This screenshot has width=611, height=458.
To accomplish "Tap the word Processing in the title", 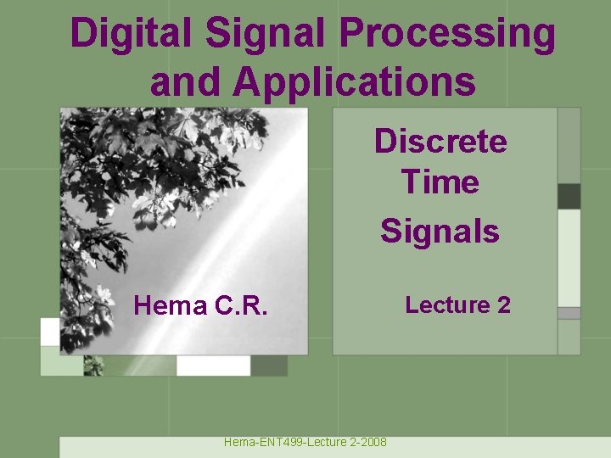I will click(448, 35).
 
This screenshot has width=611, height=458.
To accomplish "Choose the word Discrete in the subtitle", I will click(440, 142).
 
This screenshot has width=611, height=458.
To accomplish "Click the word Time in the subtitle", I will click(440, 182).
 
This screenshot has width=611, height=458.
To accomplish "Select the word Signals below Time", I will click(440, 230).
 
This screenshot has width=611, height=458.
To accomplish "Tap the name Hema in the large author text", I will click(170, 305).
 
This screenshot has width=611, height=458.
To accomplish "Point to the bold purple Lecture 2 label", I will click(457, 304).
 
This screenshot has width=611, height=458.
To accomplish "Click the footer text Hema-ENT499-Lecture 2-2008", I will click(305, 442).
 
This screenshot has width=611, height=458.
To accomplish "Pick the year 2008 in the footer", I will click(373, 442).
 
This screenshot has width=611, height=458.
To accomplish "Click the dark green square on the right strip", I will click(569, 196).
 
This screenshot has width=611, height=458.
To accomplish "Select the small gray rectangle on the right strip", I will click(569, 313).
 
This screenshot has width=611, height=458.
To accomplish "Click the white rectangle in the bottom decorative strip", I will click(213, 366).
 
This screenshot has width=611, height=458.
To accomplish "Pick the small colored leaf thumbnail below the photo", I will click(93, 366).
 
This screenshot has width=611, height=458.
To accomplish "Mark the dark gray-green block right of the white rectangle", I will click(269, 366).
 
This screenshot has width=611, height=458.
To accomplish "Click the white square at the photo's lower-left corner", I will click(50, 332).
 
